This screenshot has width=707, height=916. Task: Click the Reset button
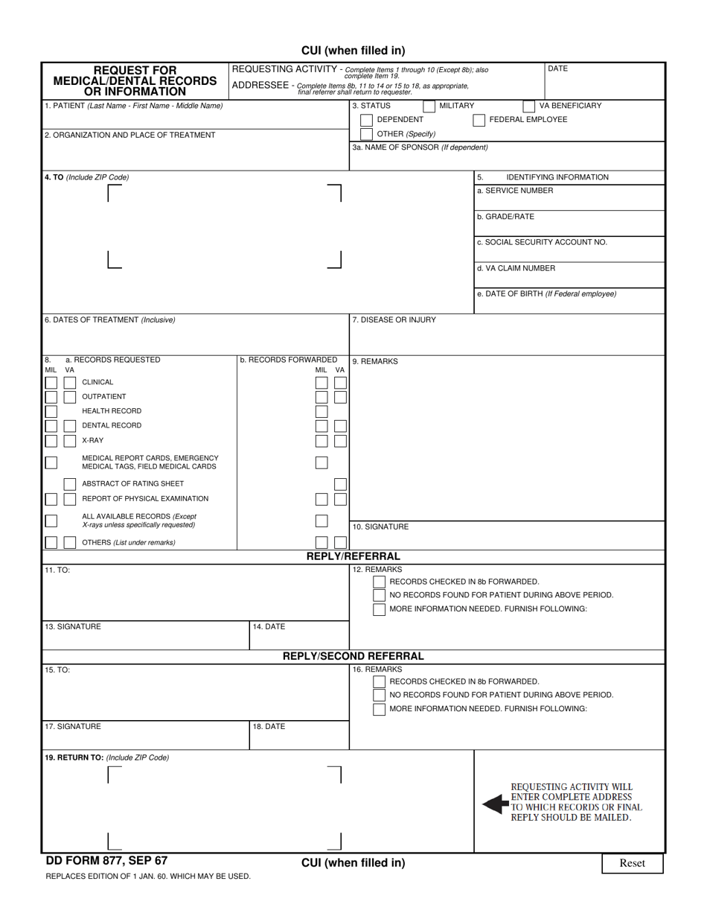click(632, 863)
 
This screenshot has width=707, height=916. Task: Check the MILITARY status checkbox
click(429, 106)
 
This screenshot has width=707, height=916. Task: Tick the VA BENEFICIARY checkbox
click(528, 106)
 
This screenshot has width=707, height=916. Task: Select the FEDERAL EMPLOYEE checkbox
click(479, 120)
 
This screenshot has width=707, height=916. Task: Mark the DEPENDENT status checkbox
click(366, 120)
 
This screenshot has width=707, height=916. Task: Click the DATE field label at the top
click(557, 69)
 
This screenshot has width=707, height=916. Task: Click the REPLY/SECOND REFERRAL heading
click(353, 656)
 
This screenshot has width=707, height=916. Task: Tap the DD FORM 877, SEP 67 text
click(106, 861)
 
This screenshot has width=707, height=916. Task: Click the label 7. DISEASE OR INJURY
click(394, 319)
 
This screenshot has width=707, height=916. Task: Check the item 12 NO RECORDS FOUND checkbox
click(380, 595)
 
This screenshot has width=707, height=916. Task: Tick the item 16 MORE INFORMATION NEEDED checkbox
click(380, 709)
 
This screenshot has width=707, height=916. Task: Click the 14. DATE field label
click(269, 627)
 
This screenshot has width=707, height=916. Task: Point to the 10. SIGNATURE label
click(380, 527)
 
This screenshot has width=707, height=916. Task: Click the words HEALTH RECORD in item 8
click(112, 411)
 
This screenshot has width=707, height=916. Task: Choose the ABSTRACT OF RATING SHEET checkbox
click(69, 484)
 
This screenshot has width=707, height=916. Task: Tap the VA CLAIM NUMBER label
click(516, 268)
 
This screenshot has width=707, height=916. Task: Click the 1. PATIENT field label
click(133, 106)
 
